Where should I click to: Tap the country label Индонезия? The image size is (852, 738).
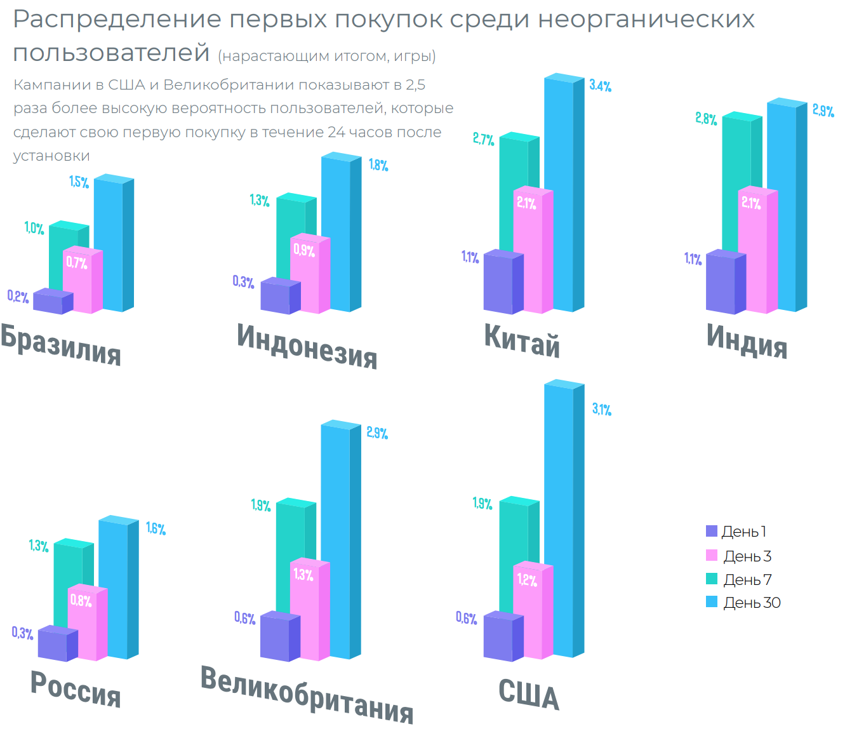[307, 346]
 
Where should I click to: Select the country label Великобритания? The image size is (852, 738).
[307, 695]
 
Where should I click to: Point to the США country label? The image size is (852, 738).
[528, 695]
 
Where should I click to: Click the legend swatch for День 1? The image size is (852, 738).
[712, 532]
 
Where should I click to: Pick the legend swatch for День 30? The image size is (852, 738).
[712, 602]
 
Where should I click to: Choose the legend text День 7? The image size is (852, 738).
[747, 579]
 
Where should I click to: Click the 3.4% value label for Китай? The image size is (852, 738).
[600, 86]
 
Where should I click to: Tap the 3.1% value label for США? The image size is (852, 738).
[602, 409]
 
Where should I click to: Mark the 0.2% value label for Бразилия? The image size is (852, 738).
[18, 296]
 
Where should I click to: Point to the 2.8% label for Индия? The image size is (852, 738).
[706, 119]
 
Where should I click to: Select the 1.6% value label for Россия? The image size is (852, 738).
[156, 528]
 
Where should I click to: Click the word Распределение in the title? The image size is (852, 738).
[116, 20]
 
